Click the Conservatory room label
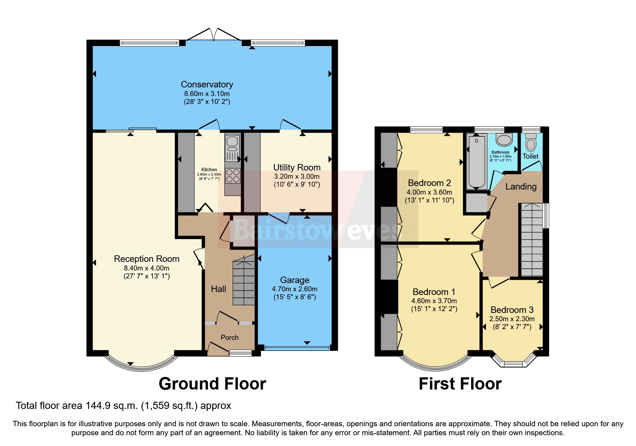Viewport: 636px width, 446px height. (x=207, y=85)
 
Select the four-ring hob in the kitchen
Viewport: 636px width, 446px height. (x=233, y=176)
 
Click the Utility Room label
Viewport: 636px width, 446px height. (x=297, y=168)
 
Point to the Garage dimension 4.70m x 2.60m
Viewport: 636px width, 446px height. (x=294, y=289)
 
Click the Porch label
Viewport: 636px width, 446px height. (x=229, y=337)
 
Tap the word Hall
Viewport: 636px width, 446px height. (x=218, y=289)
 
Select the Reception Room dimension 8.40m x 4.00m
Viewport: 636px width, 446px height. (x=147, y=268)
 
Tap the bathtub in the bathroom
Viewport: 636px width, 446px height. (x=477, y=162)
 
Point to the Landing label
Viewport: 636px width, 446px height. (x=521, y=186)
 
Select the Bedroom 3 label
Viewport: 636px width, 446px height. (x=512, y=310)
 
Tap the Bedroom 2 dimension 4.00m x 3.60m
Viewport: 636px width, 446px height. (x=429, y=192)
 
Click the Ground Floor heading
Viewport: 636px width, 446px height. (x=212, y=384)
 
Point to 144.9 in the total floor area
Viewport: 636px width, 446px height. (x=98, y=406)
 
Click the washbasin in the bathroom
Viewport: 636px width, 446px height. (x=504, y=140)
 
